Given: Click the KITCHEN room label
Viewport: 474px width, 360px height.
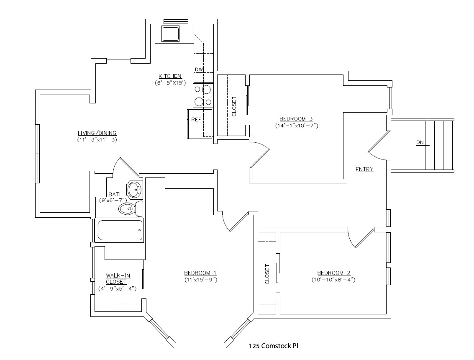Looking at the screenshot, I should pyautogui.click(x=169, y=76).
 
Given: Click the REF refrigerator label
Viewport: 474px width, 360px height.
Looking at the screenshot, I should pyautogui.click(x=196, y=120).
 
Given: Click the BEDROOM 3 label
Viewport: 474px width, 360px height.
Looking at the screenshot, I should pyautogui.click(x=296, y=118).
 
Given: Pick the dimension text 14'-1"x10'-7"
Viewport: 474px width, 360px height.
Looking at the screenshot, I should pyautogui.click(x=296, y=125).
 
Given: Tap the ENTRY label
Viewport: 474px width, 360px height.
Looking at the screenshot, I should pyautogui.click(x=364, y=170).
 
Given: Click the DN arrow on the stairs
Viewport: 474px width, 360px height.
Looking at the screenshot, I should pyautogui.click(x=423, y=143).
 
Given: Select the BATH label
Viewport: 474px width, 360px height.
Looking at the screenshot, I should pyautogui.click(x=115, y=194).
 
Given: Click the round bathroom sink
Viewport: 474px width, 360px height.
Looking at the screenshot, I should pyautogui.click(x=134, y=190).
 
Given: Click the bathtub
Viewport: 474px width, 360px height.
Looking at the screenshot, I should pyautogui.click(x=120, y=231).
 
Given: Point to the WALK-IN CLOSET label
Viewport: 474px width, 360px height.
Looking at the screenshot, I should pyautogui.click(x=118, y=278).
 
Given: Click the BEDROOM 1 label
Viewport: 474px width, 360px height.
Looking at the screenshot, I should pyautogui.click(x=200, y=273).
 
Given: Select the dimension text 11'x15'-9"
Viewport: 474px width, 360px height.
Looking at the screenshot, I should pyautogui.click(x=200, y=279).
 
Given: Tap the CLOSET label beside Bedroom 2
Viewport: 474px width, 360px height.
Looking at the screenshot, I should pyautogui.click(x=267, y=274).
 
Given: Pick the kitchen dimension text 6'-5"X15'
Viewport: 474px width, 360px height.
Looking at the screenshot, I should pyautogui.click(x=169, y=83).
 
